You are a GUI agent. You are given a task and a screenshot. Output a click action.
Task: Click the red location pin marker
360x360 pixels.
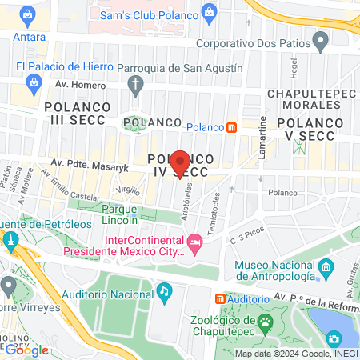180,162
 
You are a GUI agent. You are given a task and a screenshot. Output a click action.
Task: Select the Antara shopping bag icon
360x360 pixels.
30,16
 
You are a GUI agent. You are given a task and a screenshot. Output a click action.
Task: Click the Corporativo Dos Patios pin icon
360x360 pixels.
321,40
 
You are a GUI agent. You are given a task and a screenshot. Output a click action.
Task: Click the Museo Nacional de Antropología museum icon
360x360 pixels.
325,267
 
